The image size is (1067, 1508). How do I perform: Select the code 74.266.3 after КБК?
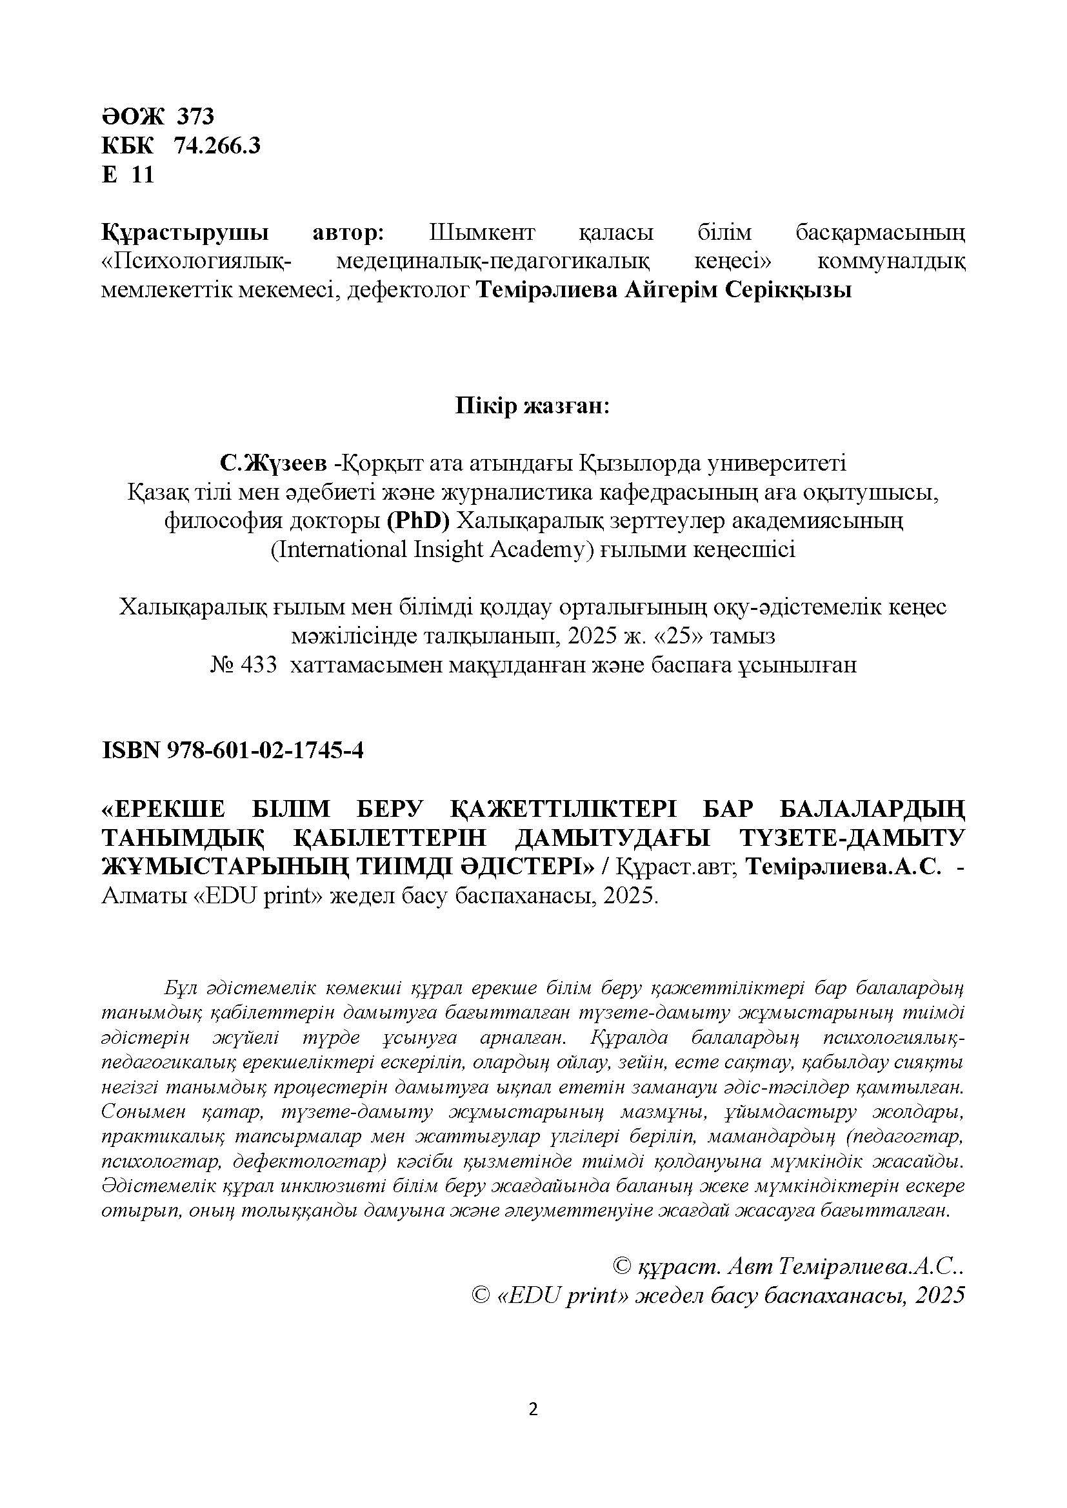[217, 146]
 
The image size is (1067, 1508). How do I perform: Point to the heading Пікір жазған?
[533, 407]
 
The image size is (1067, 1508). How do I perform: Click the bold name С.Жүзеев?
[274, 464]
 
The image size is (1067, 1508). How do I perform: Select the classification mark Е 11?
[128, 175]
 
